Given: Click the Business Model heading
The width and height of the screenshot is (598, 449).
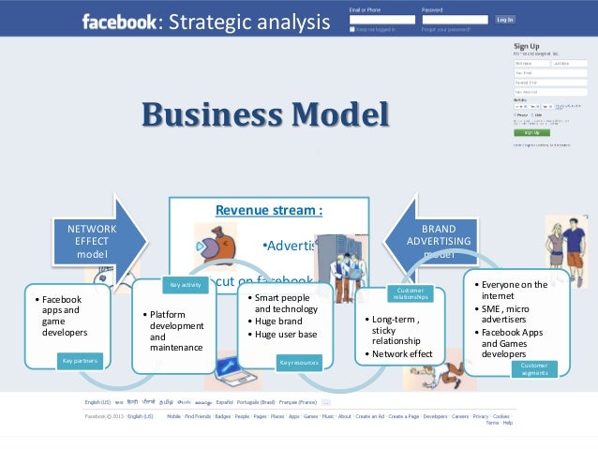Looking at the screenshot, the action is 264,115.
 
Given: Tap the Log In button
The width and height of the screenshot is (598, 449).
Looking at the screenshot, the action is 504,19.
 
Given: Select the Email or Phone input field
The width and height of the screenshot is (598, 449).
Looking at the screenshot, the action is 381,19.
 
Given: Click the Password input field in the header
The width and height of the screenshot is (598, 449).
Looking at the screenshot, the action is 455,19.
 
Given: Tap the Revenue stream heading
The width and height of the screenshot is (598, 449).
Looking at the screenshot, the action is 269,210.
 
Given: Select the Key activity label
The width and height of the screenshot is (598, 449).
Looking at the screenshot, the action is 187,284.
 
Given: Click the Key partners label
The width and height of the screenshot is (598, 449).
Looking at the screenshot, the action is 80,359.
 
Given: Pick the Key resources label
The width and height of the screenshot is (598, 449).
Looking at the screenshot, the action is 297,360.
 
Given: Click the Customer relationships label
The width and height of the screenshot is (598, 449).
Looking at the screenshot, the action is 410,294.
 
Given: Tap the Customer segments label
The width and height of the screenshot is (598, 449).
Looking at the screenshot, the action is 533,368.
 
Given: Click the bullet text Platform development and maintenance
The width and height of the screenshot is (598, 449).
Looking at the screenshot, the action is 176,331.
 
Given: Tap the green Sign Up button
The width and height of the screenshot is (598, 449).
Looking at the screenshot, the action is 531,132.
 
